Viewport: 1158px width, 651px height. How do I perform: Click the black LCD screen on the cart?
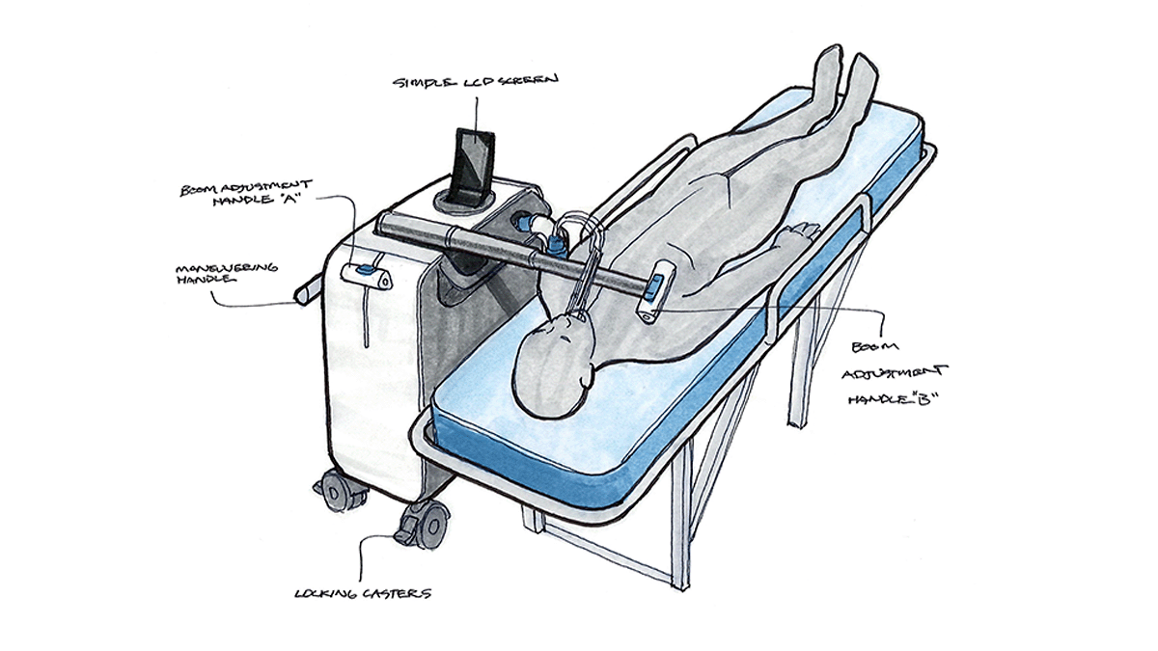pos(473,161)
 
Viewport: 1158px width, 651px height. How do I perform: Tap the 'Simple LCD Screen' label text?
pos(474,83)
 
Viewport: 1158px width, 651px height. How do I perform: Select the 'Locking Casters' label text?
pos(362,592)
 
